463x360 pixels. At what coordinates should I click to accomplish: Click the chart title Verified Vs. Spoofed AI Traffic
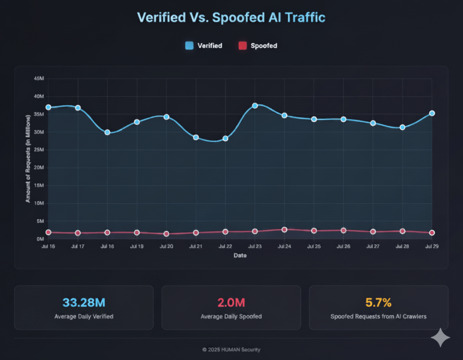point(231,18)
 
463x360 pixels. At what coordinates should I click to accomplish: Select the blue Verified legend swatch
point(189,45)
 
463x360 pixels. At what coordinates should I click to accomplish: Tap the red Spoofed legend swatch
point(243,45)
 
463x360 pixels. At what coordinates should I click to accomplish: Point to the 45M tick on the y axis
point(39,79)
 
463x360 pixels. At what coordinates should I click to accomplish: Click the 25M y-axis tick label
point(39,150)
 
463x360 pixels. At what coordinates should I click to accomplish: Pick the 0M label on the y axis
point(40,239)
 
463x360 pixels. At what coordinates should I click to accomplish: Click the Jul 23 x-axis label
point(255,247)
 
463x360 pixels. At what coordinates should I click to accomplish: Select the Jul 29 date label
point(432,247)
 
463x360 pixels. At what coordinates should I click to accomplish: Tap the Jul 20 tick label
point(166,247)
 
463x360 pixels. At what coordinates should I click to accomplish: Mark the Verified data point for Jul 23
point(255,105)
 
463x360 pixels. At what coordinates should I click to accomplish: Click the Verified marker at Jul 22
point(225,138)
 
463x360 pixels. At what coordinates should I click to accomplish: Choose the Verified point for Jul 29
point(432,113)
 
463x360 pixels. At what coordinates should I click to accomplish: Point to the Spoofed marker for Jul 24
point(284,230)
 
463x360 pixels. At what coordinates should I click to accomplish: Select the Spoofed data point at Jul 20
point(166,234)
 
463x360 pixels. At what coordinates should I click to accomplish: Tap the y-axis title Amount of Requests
point(28,158)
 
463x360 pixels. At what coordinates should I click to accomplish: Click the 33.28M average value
point(84,303)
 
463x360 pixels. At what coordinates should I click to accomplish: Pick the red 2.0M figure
point(231,303)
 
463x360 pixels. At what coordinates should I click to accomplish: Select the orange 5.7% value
point(378,303)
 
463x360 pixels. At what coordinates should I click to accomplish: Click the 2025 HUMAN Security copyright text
point(231,350)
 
